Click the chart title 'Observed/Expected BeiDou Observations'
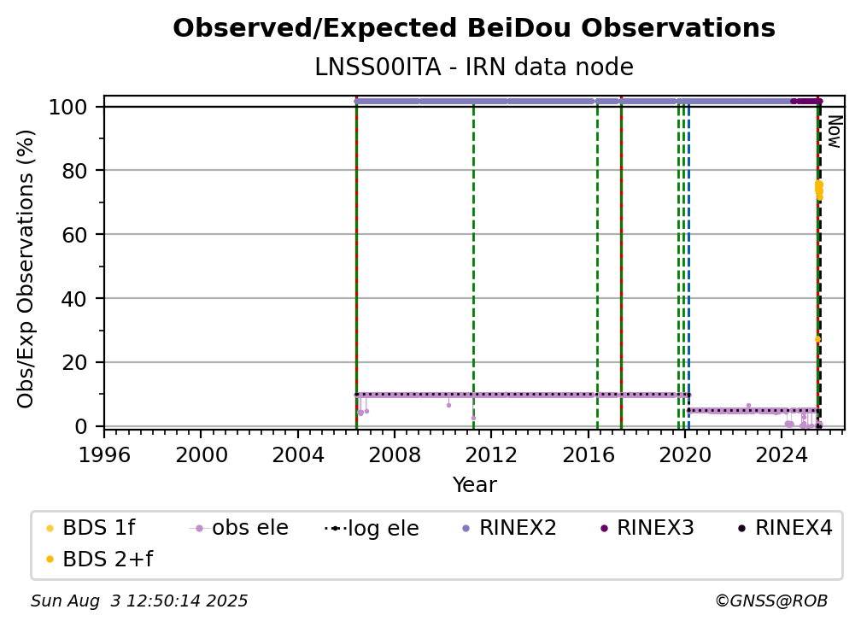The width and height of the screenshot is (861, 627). (474, 28)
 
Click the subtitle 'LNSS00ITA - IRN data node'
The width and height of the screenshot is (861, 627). (474, 67)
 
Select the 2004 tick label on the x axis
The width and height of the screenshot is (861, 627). (297, 454)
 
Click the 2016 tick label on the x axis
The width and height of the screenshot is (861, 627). (588, 454)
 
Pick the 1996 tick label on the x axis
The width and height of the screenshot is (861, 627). (104, 454)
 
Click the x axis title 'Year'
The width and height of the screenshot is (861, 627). (474, 485)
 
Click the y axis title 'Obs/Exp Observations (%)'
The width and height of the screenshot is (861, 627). (26, 268)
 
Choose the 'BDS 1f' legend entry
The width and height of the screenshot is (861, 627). (91, 528)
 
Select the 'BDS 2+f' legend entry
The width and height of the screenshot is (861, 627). (99, 560)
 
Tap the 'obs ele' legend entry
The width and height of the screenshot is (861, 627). (239, 528)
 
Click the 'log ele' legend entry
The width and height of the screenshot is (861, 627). (372, 528)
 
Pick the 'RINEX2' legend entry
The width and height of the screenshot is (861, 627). (510, 528)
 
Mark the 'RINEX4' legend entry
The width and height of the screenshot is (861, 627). (785, 528)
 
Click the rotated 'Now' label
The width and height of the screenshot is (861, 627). (834, 132)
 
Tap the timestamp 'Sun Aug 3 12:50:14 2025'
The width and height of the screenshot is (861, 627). (139, 601)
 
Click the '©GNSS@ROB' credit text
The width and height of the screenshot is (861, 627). (771, 601)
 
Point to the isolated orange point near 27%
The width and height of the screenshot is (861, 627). (817, 339)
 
